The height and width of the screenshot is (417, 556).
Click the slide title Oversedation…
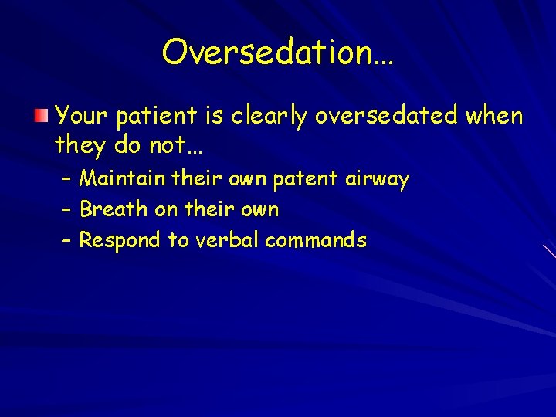278,53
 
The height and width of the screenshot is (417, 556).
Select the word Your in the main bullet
82,117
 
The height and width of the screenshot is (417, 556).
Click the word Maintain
123,179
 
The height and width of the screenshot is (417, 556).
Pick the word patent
306,180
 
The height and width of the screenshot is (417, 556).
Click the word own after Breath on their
259,210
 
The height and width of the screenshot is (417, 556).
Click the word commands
316,240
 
